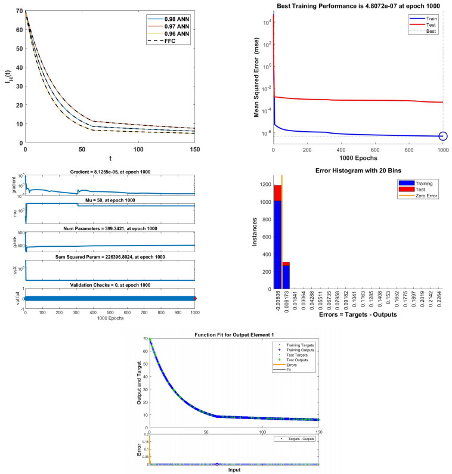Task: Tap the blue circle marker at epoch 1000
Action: tap(442, 137)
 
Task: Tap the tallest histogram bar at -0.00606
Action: tap(277, 238)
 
